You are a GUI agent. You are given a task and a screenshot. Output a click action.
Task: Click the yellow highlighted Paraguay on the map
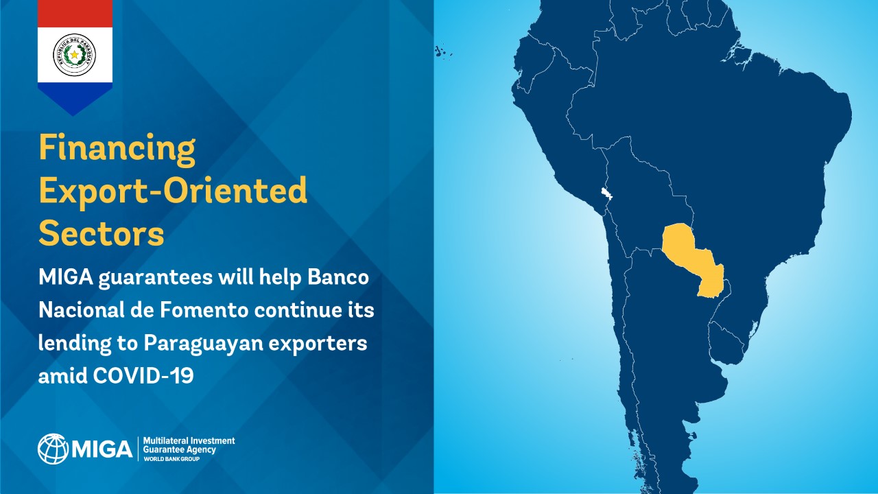tap(689, 259)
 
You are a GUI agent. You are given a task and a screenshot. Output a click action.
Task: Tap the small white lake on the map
tap(606, 193)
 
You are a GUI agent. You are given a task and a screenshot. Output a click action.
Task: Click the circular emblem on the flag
tap(75, 55)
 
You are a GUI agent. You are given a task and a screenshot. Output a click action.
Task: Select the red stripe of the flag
tap(75, 13)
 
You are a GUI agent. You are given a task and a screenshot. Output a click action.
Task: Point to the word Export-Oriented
tap(173, 191)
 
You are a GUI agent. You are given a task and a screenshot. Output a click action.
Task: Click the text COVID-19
tap(143, 375)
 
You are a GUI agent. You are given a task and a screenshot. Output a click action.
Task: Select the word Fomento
tap(204, 311)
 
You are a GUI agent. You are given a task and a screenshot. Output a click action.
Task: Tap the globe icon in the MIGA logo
tap(53, 449)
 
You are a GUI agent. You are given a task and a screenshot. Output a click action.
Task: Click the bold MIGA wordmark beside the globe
tap(102, 449)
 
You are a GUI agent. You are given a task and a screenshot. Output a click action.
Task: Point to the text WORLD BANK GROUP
tap(171, 459)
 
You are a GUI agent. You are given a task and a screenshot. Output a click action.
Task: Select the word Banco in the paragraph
tap(338, 278)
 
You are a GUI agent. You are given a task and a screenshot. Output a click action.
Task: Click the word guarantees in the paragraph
tap(155, 279)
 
